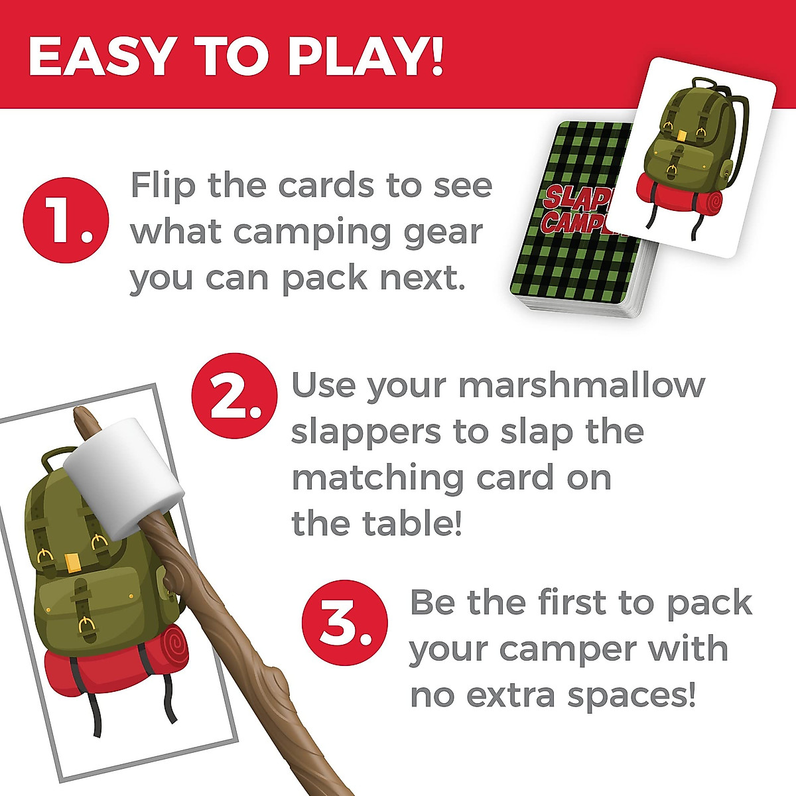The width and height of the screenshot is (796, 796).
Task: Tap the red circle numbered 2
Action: pyautogui.click(x=233, y=396)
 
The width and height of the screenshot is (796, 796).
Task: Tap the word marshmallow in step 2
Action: pyautogui.click(x=582, y=385)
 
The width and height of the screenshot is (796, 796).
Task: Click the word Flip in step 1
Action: pyautogui.click(x=163, y=186)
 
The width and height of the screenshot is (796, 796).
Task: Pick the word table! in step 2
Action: pyautogui.click(x=412, y=524)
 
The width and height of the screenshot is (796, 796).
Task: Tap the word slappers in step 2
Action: pyautogui.click(x=366, y=432)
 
